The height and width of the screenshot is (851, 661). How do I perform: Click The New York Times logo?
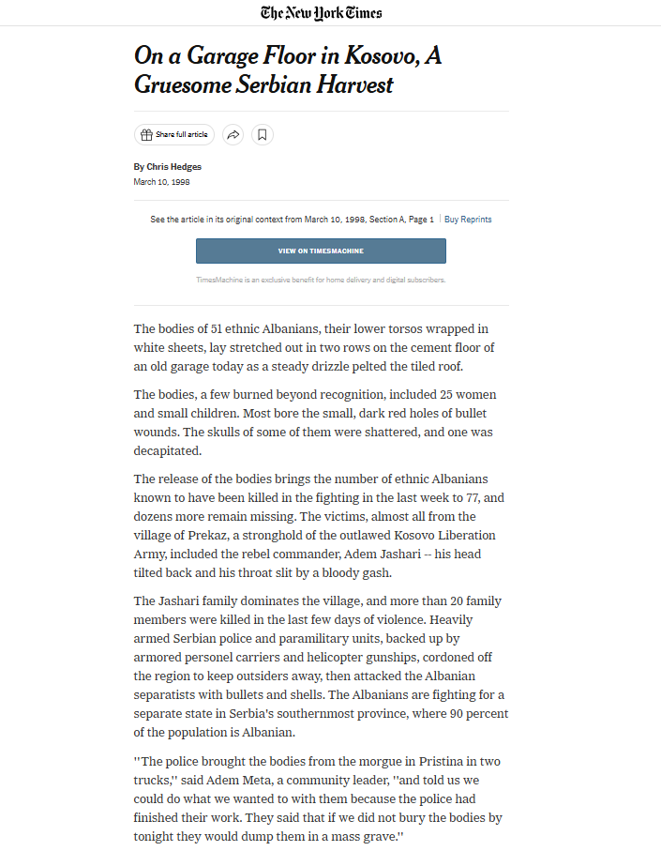(322, 12)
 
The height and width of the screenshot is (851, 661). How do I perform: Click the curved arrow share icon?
(233, 135)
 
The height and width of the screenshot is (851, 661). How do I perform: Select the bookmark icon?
(263, 135)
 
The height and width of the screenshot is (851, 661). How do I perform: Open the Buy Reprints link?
(468, 220)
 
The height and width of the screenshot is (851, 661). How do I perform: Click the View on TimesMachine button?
(321, 251)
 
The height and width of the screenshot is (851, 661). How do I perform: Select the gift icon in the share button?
(146, 135)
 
